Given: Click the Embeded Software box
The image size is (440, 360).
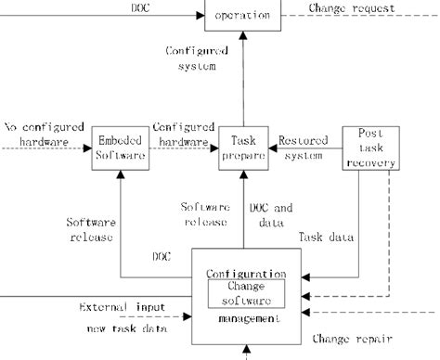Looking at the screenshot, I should (122, 149).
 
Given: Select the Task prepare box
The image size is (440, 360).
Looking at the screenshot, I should (242, 149).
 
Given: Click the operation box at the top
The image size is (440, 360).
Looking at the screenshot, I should (242, 15).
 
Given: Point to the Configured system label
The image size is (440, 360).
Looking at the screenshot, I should (193, 58).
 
